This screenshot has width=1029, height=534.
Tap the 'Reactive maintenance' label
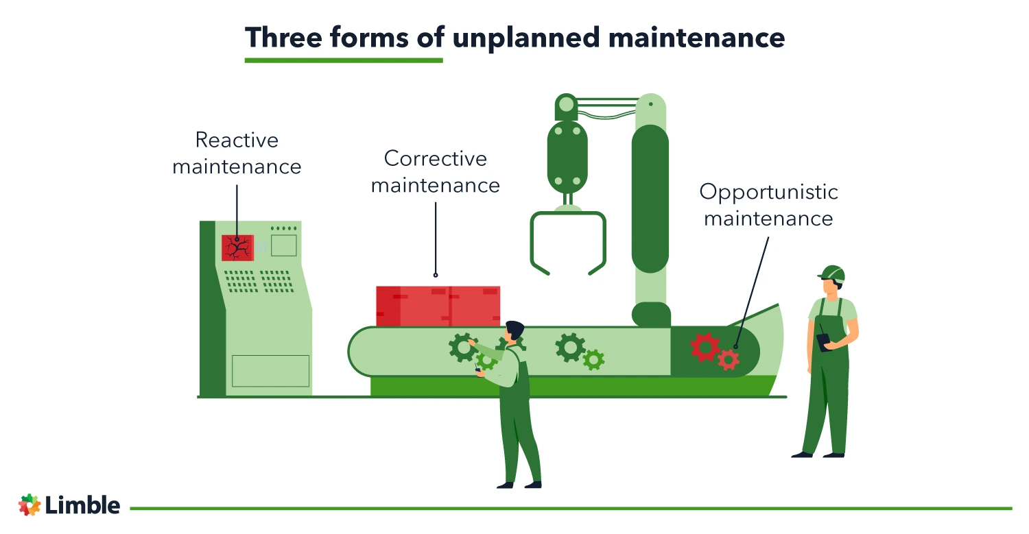pos(237,153)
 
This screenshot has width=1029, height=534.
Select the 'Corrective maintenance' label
pos(436,171)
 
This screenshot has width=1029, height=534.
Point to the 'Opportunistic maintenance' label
pos(768,204)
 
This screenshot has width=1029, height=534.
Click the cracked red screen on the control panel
pos(237,247)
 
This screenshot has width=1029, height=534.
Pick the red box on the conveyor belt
pos(438,306)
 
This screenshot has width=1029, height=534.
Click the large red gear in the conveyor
pos(705,347)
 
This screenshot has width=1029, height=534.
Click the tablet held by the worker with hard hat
pos(823,342)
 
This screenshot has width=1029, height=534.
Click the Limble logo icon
pos(29,505)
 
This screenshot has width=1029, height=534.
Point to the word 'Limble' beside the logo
pos(83,505)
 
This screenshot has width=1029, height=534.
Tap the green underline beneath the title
pos(344,60)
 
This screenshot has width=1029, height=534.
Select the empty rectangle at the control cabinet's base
pos(270,371)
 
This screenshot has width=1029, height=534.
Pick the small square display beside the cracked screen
pos(284,245)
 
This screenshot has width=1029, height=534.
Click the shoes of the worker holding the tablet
pos(818,454)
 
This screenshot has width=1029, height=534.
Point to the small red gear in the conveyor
pos(729,359)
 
